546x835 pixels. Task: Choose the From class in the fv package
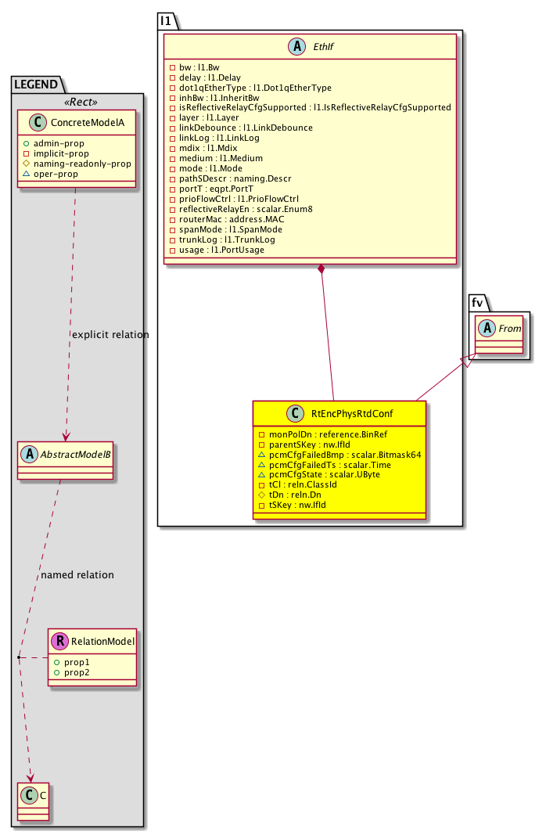(x=510, y=329)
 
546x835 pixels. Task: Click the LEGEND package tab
(x=38, y=83)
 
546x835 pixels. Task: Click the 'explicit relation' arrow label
(x=110, y=335)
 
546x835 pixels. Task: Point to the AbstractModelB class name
(x=73, y=452)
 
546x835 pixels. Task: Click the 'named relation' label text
(x=77, y=575)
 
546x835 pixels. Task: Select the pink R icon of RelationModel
(x=59, y=642)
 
